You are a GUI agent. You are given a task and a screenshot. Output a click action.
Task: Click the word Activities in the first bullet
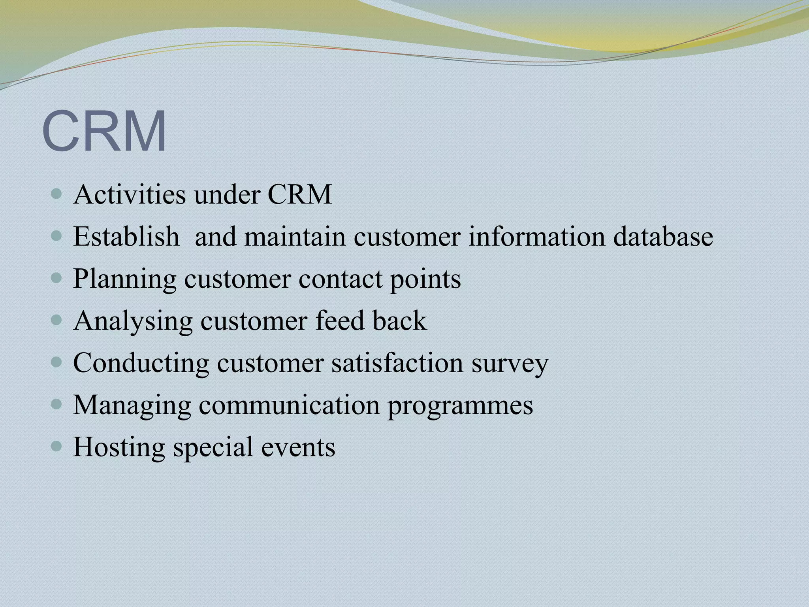pos(129,195)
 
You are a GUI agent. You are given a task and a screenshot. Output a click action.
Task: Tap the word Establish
pos(126,237)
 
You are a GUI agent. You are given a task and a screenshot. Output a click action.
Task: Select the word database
pos(663,237)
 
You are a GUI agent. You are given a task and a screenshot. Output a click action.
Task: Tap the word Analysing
pos(133,322)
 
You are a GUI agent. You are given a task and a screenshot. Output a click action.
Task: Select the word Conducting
pos(141,364)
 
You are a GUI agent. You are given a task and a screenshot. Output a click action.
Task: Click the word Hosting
pos(119,448)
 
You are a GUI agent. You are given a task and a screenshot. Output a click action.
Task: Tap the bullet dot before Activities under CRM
pos(57,194)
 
